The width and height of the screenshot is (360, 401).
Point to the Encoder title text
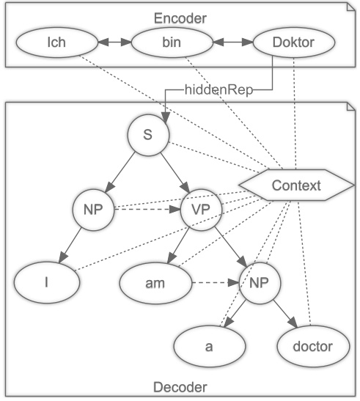coord(180,16)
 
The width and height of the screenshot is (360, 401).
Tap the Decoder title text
coord(180,386)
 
